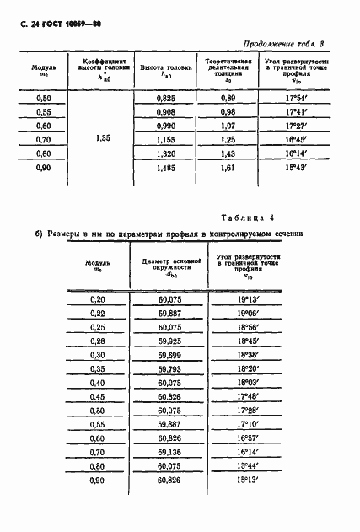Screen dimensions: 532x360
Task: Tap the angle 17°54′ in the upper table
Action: tap(291, 99)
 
